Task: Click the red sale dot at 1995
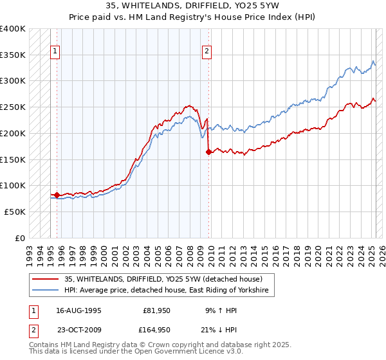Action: [57, 195]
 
